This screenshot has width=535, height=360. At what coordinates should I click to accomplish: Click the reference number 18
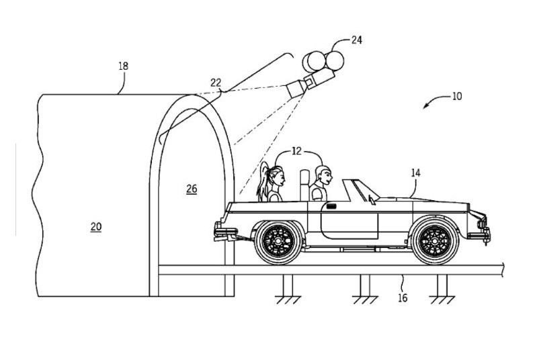point(123,66)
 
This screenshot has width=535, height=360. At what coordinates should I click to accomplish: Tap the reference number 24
point(356,40)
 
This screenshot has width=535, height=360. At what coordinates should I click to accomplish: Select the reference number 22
point(216,83)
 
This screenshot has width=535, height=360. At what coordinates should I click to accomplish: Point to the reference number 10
point(456,97)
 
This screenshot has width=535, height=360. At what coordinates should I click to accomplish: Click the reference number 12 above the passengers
point(296,151)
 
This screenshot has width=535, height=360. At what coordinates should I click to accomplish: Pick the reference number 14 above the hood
point(415,173)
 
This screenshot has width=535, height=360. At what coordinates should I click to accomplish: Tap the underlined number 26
point(192,189)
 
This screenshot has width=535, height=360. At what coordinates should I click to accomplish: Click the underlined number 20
point(96,227)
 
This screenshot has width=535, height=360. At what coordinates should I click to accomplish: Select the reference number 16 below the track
point(403,298)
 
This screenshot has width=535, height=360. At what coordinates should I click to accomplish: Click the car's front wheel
point(435,241)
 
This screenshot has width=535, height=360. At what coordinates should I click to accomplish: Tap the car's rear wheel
point(278,241)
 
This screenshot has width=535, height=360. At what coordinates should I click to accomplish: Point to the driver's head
point(324,175)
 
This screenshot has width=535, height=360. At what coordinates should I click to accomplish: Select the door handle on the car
point(331,206)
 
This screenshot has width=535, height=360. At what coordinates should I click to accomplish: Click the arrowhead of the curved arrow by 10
point(425,106)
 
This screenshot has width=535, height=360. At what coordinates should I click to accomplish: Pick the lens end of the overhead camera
point(296,89)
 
